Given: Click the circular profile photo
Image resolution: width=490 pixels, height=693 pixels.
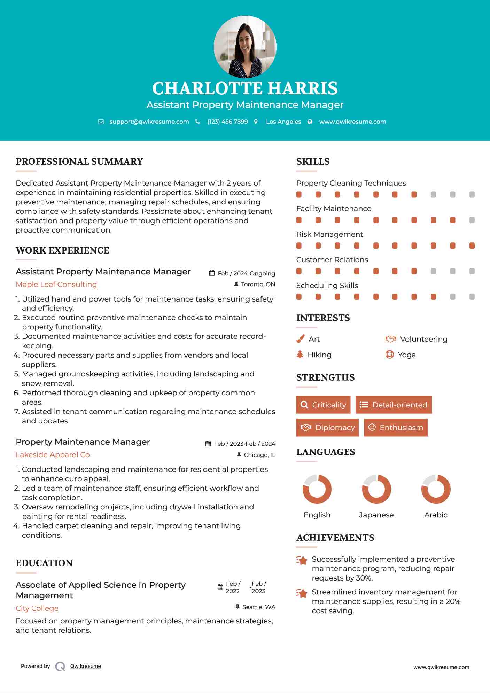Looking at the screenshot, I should pos(245,47).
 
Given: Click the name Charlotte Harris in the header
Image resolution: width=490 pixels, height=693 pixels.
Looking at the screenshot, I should pos(245,88).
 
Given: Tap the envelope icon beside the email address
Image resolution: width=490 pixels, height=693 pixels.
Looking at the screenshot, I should pos(101,122).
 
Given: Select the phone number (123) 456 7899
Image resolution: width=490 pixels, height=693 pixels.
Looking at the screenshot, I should pos(227,122).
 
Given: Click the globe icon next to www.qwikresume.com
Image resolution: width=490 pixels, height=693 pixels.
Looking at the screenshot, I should pos(310,122).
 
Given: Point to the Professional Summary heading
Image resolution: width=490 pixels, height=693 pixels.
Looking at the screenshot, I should pos(79,162).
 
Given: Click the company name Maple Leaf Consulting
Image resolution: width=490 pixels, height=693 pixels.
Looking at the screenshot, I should pos(56,285).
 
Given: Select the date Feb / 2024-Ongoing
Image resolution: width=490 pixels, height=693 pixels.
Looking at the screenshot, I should pos(246,273).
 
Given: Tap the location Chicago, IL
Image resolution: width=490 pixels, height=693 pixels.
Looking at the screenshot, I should pos(259,455).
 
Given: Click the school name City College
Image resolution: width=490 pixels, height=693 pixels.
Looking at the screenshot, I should pos(37,608).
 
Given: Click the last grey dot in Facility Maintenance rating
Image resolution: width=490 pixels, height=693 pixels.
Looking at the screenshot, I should pos(472,220).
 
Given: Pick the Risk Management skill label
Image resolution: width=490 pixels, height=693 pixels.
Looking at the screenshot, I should pos(329,234).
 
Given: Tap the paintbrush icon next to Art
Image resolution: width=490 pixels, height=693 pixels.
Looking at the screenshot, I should pos(300,339).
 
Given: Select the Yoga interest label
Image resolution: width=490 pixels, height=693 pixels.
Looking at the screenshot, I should pos(407,355).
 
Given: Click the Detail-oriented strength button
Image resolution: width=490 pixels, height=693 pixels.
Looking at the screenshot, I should pos(394,405).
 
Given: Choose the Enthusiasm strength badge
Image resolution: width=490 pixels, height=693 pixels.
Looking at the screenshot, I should pos(396,427).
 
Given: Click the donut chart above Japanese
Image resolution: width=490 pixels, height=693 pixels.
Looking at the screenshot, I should pos(376,489).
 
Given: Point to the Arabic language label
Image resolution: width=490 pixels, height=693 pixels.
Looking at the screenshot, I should pos(436,515).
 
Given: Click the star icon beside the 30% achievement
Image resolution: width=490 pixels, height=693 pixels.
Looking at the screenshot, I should pos(302,560).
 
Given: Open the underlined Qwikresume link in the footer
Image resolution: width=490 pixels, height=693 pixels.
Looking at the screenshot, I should pos(86,666).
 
